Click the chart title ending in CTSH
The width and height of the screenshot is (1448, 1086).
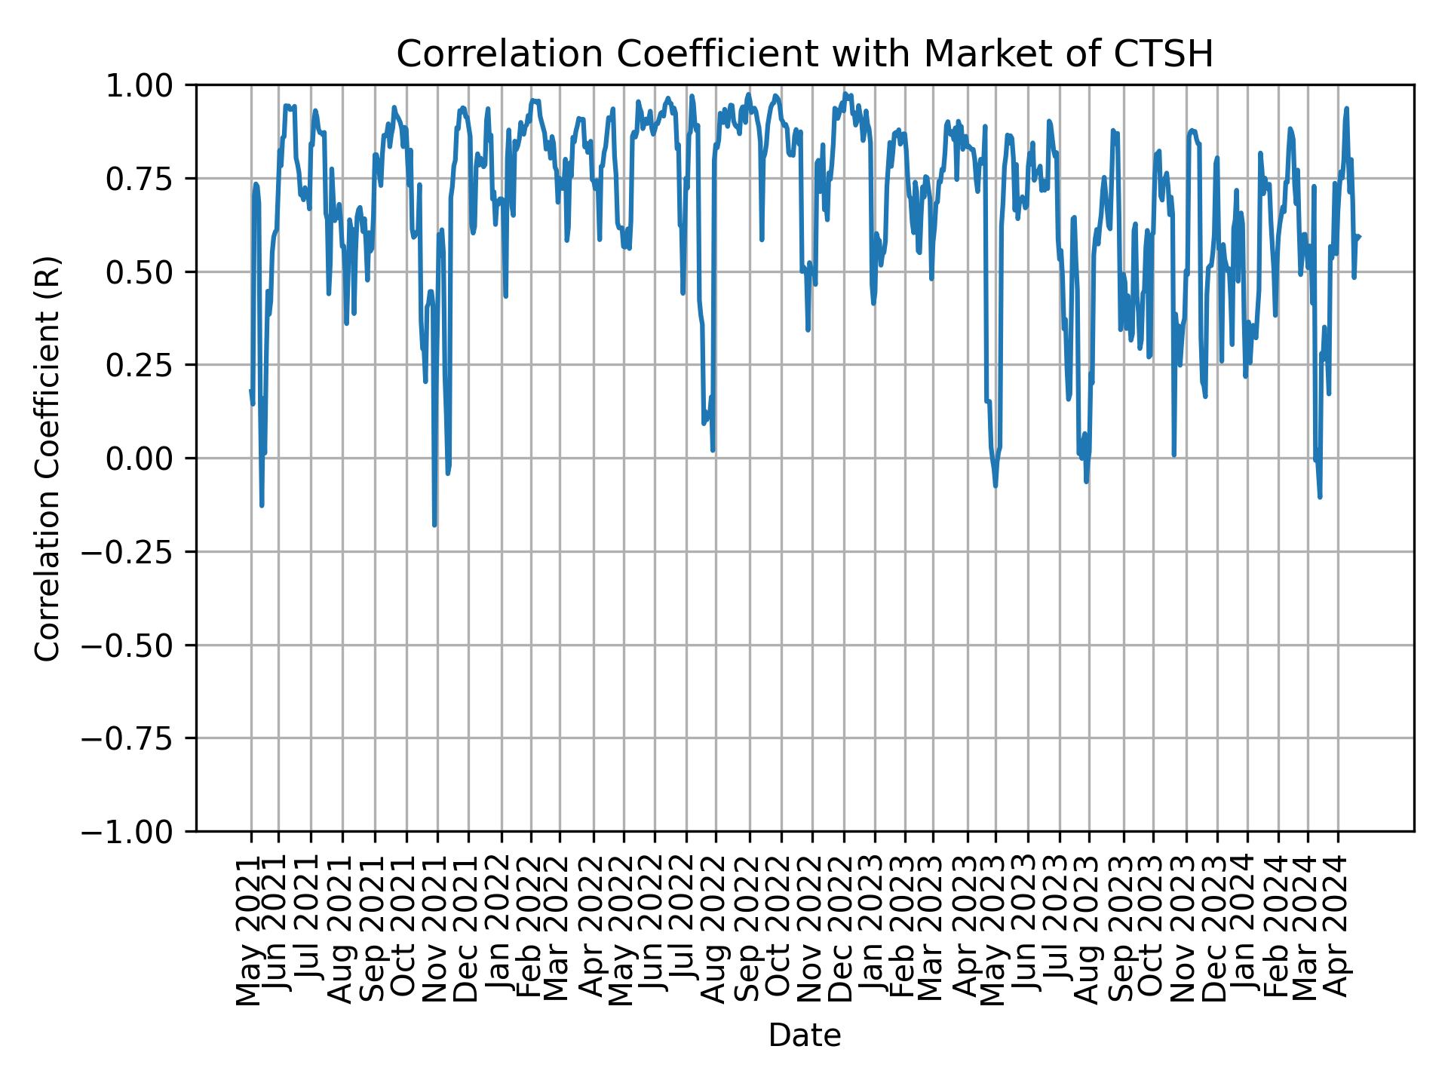pyautogui.click(x=805, y=54)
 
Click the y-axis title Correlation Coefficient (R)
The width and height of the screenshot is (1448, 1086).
pyautogui.click(x=47, y=458)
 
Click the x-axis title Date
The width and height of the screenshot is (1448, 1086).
pyautogui.click(x=805, y=1035)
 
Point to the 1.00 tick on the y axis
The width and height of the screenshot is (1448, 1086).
pyautogui.click(x=149, y=85)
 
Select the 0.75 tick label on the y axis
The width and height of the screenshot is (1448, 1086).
pyautogui.click(x=149, y=179)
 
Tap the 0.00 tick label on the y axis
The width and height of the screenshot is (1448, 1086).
pyautogui.click(x=149, y=459)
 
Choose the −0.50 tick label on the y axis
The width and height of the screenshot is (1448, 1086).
pyautogui.click(x=139, y=646)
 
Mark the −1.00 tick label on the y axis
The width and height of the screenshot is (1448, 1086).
pyautogui.click(x=139, y=832)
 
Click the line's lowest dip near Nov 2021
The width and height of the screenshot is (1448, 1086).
pyautogui.click(x=434, y=525)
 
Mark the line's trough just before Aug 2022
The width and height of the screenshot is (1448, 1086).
pyautogui.click(x=713, y=450)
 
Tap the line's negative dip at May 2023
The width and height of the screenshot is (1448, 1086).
pyautogui.click(x=995, y=486)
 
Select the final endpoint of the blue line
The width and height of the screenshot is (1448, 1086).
pyautogui.click(x=1359, y=237)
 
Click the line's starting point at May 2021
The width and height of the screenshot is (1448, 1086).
pyautogui.click(x=250, y=391)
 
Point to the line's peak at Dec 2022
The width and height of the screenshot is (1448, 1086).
pyautogui.click(x=845, y=94)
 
